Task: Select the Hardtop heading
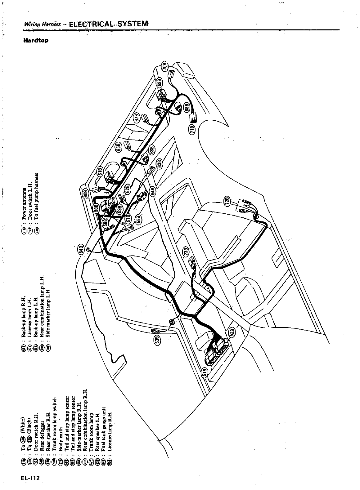pos(35,41)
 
